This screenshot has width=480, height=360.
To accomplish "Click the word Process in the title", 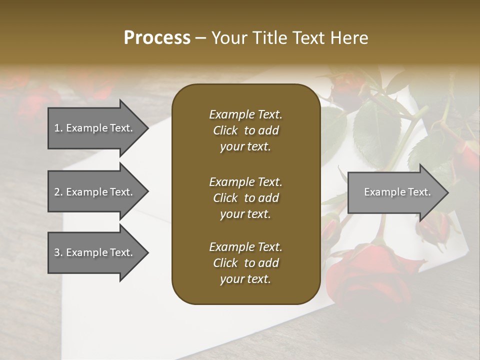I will pyautogui.click(x=157, y=38).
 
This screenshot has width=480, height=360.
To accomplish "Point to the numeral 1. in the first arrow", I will pyautogui.click(x=58, y=128).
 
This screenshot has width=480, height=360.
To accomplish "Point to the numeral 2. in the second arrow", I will pyautogui.click(x=58, y=192).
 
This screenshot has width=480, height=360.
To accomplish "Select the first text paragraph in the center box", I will pyautogui.click(x=245, y=130).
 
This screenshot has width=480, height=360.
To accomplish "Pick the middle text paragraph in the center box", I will pyautogui.click(x=245, y=198).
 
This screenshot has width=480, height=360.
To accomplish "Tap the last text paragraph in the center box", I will pyautogui.click(x=245, y=263).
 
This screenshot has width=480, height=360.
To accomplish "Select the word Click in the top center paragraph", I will pyautogui.click(x=225, y=131).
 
